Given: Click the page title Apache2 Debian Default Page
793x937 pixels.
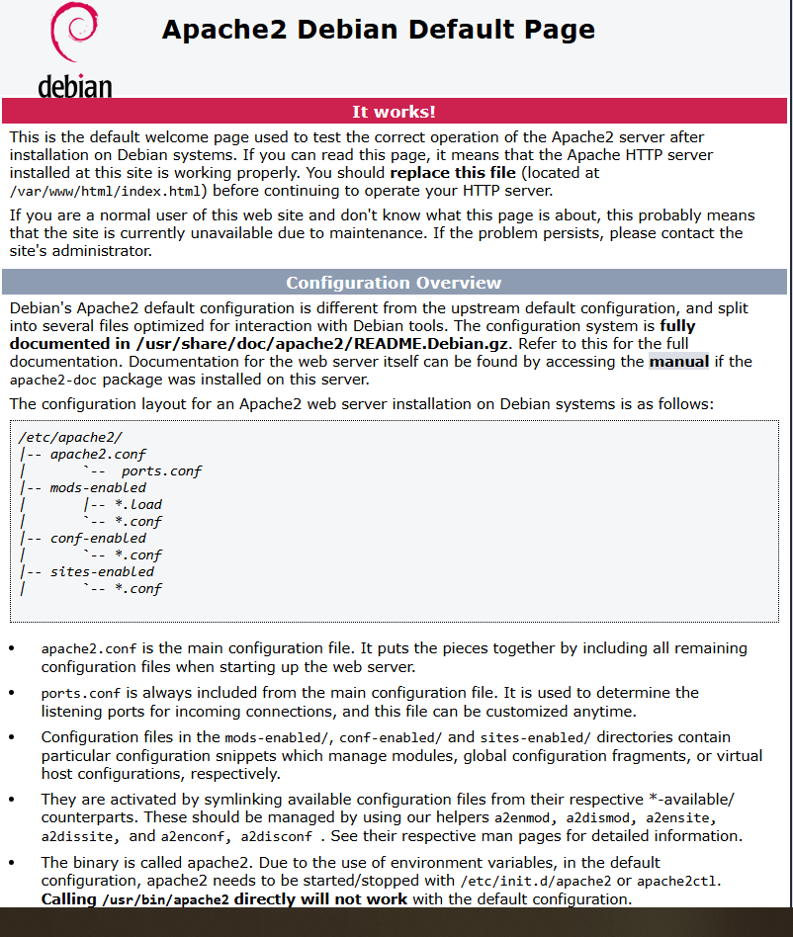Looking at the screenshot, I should pos(378,30).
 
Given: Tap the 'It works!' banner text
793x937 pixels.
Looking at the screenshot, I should pos(394,112).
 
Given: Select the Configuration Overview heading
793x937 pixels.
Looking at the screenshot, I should pos(394,283).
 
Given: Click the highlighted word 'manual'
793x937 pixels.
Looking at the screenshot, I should pos(678,362).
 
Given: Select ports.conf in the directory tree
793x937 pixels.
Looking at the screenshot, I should pos(161,471).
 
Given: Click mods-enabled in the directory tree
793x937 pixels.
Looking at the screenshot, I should pos(98,488).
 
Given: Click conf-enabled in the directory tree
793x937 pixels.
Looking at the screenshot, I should pos(98,539).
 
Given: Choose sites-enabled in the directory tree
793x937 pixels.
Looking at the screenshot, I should pos(102,572).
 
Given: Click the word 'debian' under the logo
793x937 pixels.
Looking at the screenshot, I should pos(75,87).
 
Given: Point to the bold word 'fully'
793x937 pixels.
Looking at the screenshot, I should pos(677,326).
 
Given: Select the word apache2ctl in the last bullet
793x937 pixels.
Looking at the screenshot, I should pos(679,882).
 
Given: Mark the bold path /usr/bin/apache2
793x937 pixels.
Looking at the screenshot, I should pos(165,899).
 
